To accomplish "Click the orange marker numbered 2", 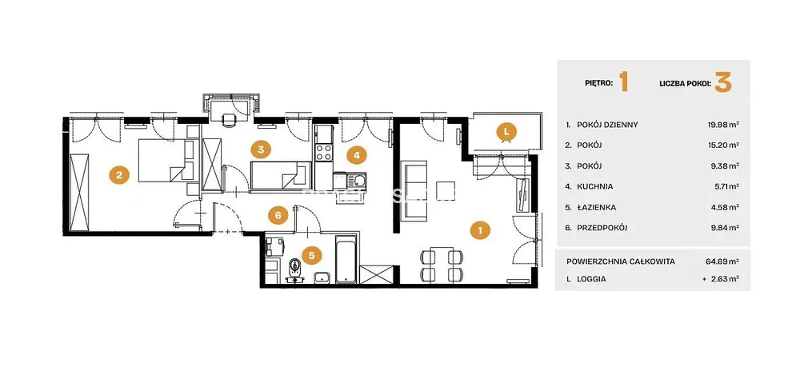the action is (x=119, y=175).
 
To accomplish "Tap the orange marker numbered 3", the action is (x=261, y=150).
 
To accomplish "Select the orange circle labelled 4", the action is (x=357, y=155).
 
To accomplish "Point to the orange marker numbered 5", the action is (x=312, y=256).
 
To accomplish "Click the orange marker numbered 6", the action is (x=278, y=215).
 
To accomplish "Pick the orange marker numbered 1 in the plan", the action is (x=480, y=230).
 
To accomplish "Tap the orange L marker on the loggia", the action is (x=506, y=132).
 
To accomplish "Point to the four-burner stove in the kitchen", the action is (x=324, y=152).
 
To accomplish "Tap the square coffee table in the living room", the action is (x=446, y=190).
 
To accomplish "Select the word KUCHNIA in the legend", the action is (x=595, y=186).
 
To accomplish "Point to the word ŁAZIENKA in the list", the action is (x=596, y=207).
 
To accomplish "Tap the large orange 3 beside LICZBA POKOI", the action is (x=723, y=82).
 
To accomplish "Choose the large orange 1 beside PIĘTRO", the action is (x=623, y=82).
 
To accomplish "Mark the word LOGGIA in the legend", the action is (x=591, y=279).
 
